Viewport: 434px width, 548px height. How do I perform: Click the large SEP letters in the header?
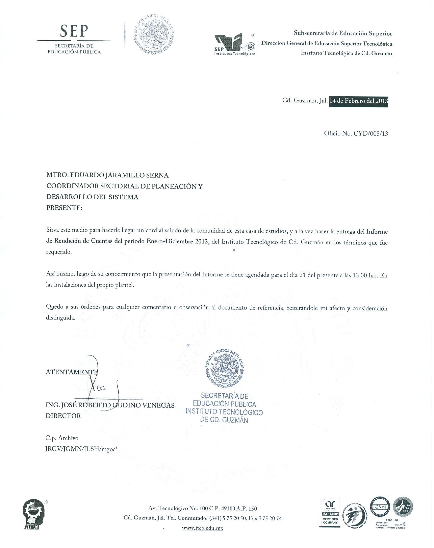click(x=74, y=31)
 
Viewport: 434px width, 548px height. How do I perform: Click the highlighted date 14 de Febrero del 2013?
click(x=359, y=101)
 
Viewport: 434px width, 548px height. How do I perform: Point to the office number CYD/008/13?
click(x=371, y=133)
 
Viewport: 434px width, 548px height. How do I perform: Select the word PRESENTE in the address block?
click(x=64, y=208)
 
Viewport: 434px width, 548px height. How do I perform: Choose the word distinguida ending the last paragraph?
click(x=61, y=318)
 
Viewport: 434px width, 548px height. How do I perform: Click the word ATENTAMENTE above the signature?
click(x=71, y=372)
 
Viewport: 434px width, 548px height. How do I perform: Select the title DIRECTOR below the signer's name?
click(x=63, y=416)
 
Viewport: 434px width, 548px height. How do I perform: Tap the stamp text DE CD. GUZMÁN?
click(x=224, y=420)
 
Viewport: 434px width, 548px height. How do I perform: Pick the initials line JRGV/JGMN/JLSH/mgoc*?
click(x=81, y=449)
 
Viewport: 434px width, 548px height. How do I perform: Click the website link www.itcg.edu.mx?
click(x=202, y=528)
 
